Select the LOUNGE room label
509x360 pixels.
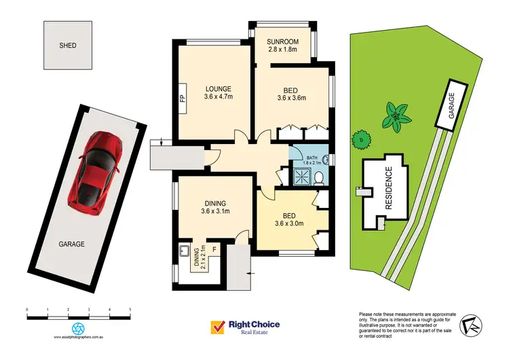coord(218,88)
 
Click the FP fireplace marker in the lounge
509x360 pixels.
coord(182,98)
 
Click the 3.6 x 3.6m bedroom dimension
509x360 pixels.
coord(292,98)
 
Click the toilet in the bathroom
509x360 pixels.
coord(319,178)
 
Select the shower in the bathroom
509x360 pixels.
coord(299,177)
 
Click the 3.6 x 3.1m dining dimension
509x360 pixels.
coord(218,212)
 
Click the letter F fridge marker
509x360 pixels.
coord(214,250)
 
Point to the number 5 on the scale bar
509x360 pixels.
coord(130,309)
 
